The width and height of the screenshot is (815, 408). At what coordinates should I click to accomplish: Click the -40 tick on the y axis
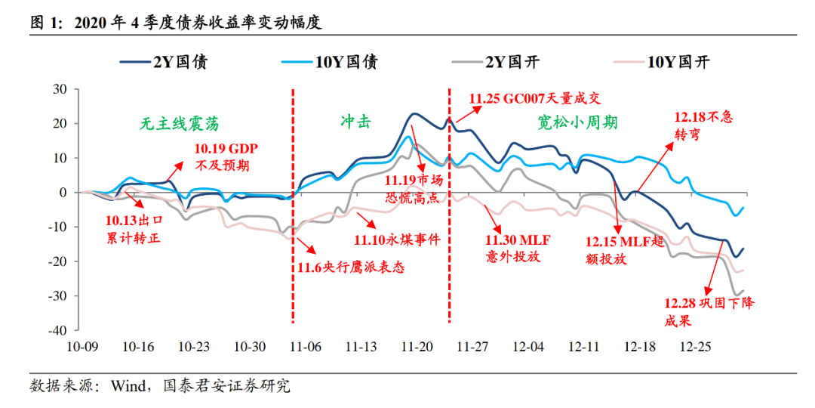tap(57, 330)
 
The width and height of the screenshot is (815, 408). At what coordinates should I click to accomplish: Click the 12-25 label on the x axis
tap(697, 347)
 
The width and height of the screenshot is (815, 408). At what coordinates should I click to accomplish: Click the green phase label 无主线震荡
tap(183, 124)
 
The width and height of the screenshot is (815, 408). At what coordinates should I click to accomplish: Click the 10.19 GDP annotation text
tap(227, 157)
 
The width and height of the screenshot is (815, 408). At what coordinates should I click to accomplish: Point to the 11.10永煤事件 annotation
tap(396, 240)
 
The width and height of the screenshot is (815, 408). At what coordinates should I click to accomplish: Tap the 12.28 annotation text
tap(709, 311)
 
